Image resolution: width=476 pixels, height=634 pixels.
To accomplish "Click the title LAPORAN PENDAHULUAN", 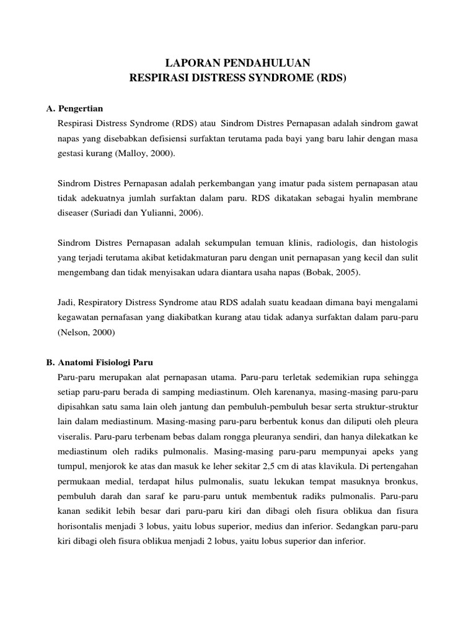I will [x=237, y=63].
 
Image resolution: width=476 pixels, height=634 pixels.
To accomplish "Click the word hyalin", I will [x=362, y=198].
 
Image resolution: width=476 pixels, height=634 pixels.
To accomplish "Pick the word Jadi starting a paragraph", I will [x=66, y=303].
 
